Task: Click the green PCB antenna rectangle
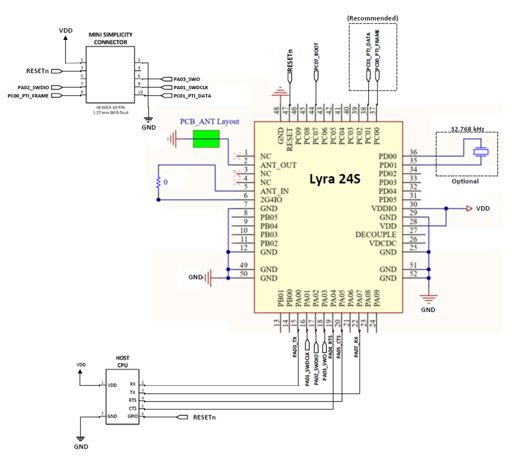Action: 206,139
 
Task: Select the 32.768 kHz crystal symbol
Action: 480,152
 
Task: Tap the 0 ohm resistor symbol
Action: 158,182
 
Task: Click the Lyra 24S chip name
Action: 335,179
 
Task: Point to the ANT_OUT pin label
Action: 278,165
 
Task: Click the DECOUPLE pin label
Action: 375,234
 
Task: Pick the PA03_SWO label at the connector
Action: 187,79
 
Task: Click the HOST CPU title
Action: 122,361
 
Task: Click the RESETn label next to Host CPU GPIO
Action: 204,417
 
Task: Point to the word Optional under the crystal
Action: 465,181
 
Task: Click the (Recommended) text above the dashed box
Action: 372,18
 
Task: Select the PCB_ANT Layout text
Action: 209,121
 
